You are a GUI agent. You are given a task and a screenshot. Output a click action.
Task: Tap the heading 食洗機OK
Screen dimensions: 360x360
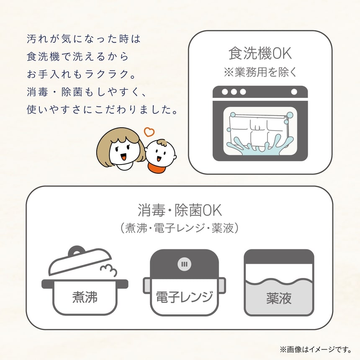coord(260,54)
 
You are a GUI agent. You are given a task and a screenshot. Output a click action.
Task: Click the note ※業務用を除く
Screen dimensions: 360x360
coord(260,72)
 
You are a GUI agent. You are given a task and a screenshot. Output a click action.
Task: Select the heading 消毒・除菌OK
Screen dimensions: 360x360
coord(180,209)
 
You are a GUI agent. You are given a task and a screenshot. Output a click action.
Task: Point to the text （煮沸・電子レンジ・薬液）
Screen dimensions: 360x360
coord(180,228)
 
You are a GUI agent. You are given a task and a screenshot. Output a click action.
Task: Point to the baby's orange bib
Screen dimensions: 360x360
coord(157,168)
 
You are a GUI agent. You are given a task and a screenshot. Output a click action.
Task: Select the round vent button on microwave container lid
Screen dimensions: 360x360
coord(184,264)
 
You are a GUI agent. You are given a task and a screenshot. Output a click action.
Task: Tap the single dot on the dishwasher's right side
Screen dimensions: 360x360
coord(294,92)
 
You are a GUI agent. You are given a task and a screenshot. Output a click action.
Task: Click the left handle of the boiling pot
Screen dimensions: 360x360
coord(46,284)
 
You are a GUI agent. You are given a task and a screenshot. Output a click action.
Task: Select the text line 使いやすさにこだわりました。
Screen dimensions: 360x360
coord(100,111)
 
